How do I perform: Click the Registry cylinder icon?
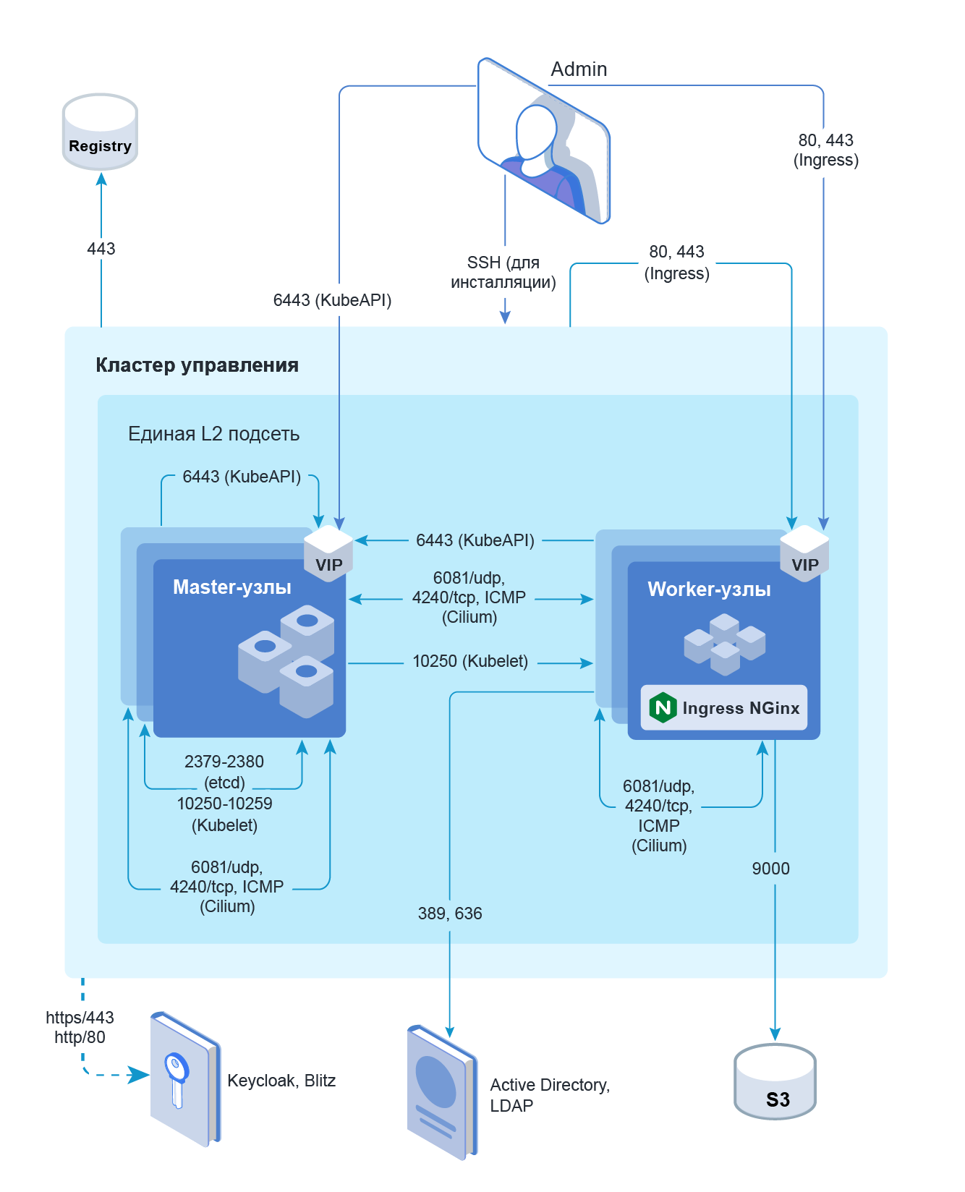pyautogui.click(x=100, y=132)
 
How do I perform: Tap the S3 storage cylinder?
pyautogui.click(x=775, y=1082)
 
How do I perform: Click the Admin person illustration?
pyautogui.click(x=544, y=141)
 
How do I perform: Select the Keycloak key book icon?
pyautogui.click(x=184, y=1078)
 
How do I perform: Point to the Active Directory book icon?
pyautogui.click(x=441, y=1092)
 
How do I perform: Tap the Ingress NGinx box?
pyautogui.click(x=724, y=707)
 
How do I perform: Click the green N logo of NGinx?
pyautogui.click(x=663, y=707)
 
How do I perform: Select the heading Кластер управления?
pyautogui.click(x=197, y=365)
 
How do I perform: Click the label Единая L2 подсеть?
pyautogui.click(x=213, y=434)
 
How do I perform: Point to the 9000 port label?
pyautogui.click(x=770, y=869)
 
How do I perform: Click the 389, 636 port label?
pyautogui.click(x=449, y=914)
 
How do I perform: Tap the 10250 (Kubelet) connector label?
pyautogui.click(x=470, y=661)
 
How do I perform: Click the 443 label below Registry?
pyautogui.click(x=101, y=249)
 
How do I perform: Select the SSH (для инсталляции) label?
pyautogui.click(x=503, y=273)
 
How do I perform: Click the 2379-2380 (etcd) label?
pyautogui.click(x=224, y=772)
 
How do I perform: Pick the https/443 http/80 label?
pyautogui.click(x=80, y=1027)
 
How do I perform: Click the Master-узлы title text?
pyautogui.click(x=232, y=587)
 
